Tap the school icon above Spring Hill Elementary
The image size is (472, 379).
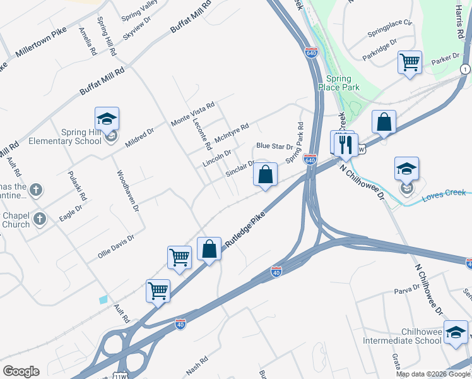coord(107,119)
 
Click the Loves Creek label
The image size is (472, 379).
coord(443,193)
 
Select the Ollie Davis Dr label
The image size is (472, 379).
coord(116,246)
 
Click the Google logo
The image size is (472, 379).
coord(21,371)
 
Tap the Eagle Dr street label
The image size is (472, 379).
coord(71,212)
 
